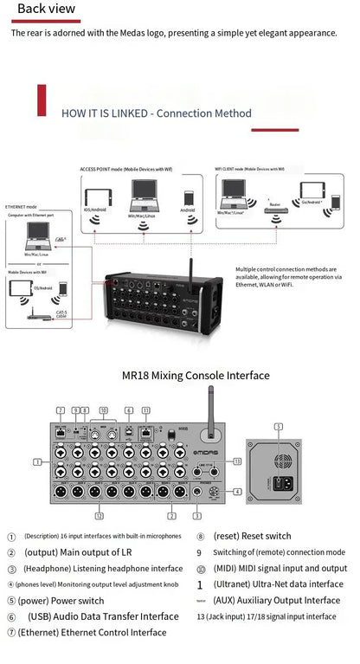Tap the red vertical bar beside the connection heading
point(41,100)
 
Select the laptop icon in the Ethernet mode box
point(37,230)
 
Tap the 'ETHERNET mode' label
point(21,208)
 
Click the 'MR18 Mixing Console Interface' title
point(196,375)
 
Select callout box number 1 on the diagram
point(37,462)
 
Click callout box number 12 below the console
point(100,516)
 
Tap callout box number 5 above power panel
point(278,426)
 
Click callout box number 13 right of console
point(237,461)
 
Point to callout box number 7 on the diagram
point(60,409)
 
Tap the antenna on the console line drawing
point(209,409)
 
